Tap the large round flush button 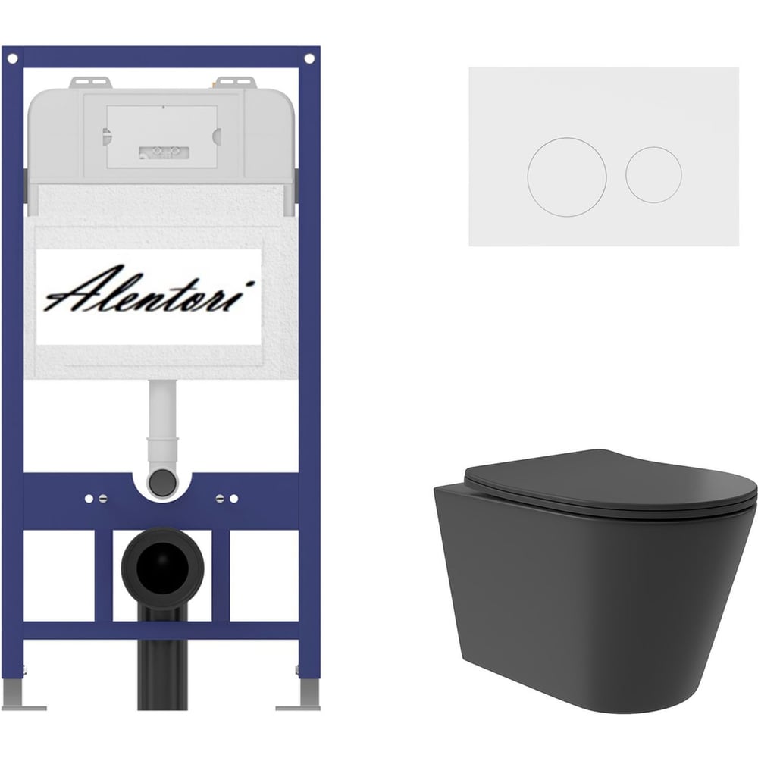(x=566, y=177)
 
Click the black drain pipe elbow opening (x=162, y=567)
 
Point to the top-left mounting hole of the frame (x=13, y=59)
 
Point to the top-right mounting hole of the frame (x=309, y=59)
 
